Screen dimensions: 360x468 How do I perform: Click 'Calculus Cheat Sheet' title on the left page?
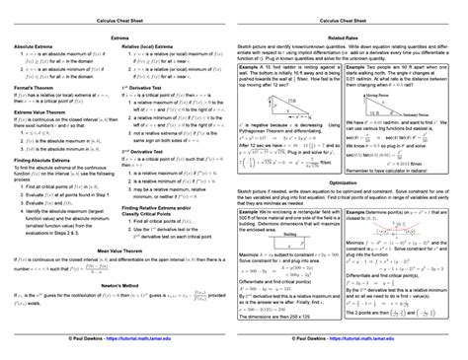click(x=117, y=18)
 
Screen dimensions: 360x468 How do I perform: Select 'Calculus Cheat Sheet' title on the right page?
click(x=350, y=18)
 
